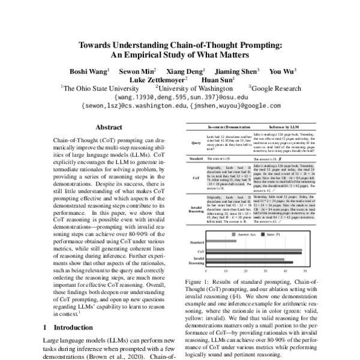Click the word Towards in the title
pos(93,45)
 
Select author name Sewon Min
pos(136,71)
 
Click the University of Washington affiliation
pos(193,88)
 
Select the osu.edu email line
pos(179,96)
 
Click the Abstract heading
pos(112,127)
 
